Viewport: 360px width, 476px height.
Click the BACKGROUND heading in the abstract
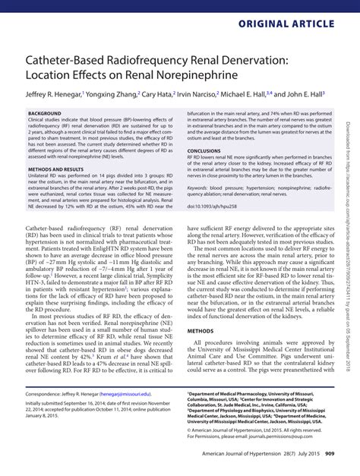[44, 113]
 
